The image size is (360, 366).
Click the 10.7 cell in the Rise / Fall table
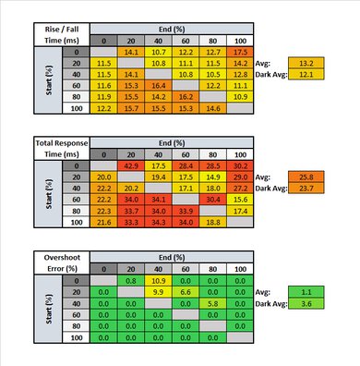(x=158, y=53)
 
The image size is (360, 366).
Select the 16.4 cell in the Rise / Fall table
(x=158, y=84)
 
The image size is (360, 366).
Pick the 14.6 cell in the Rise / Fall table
(x=212, y=106)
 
